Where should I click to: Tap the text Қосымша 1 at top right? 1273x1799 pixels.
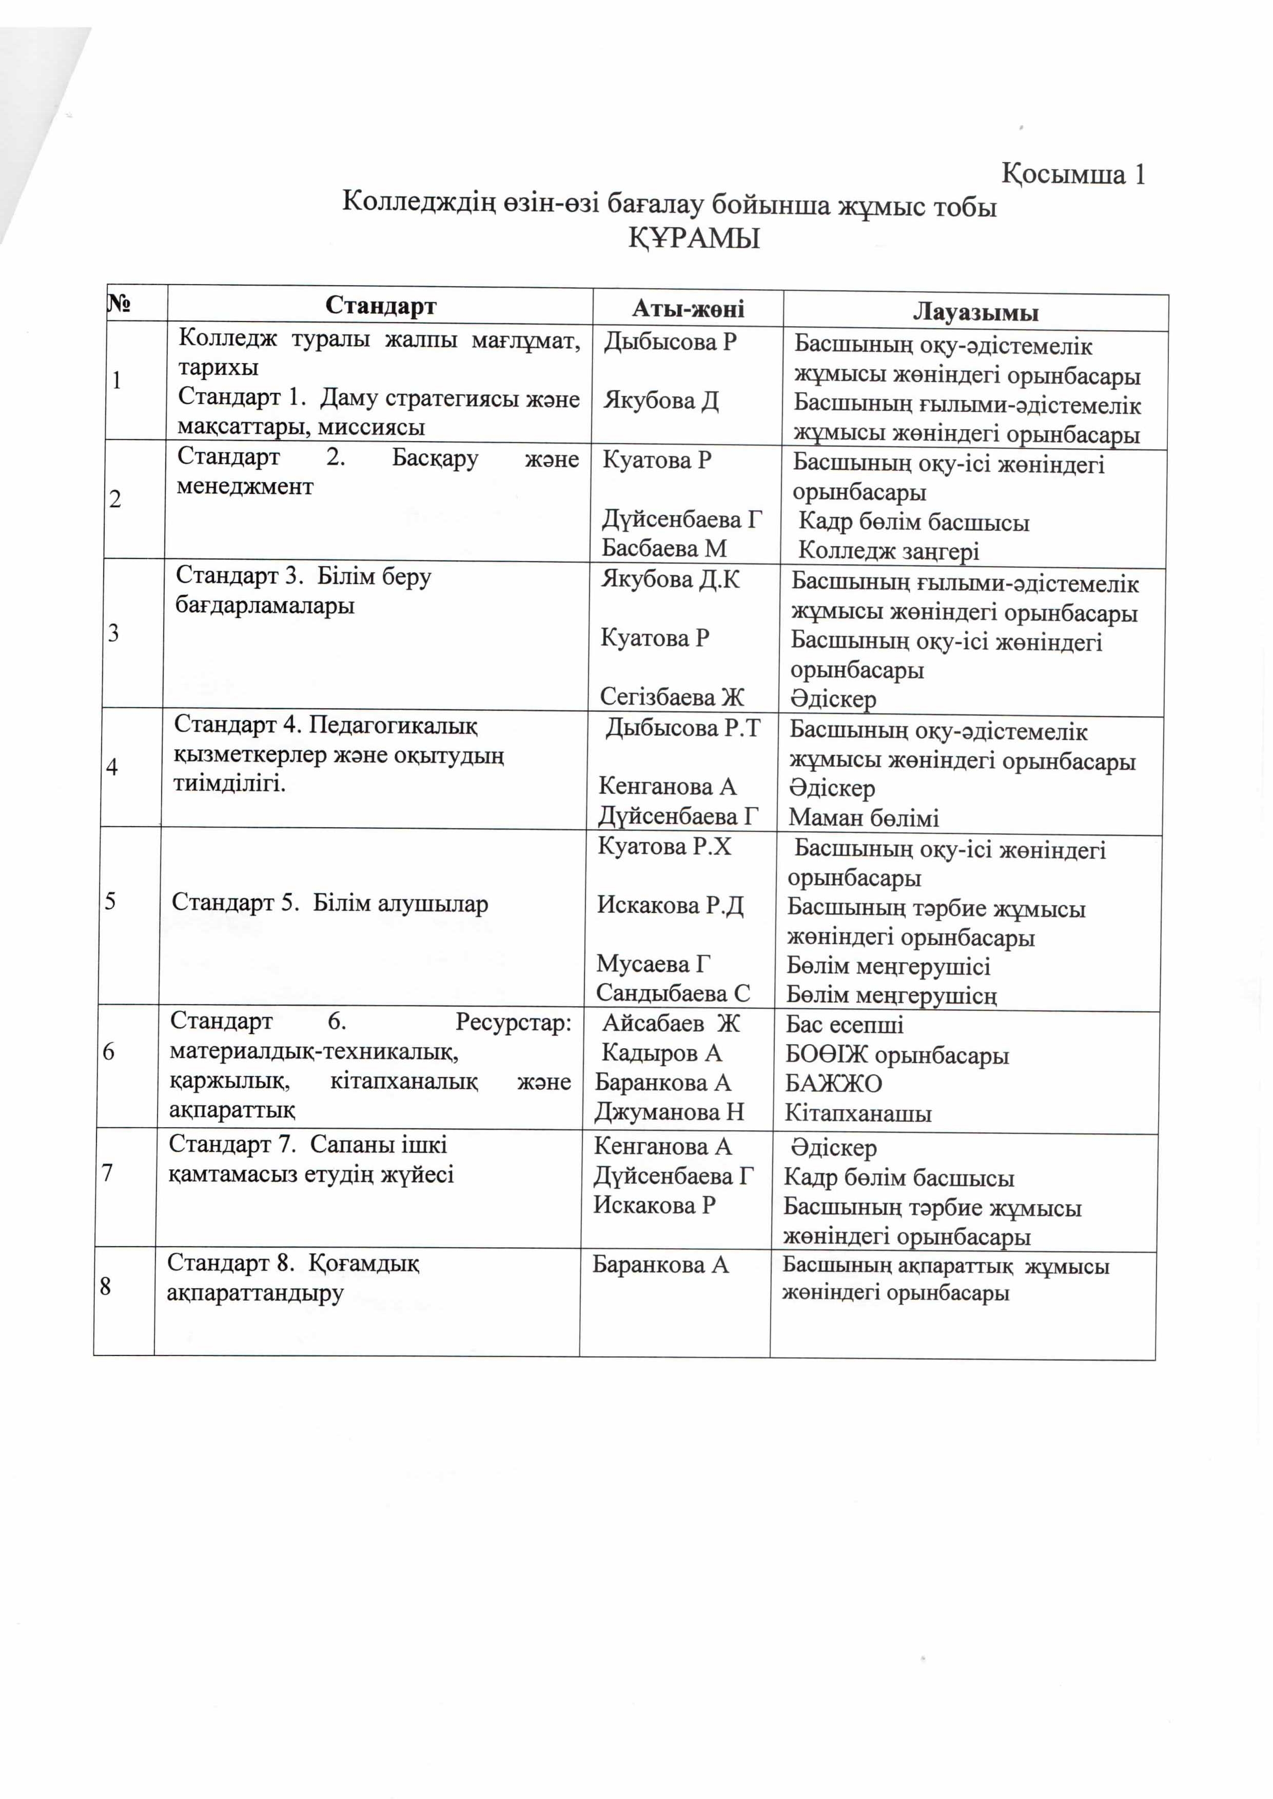1073,174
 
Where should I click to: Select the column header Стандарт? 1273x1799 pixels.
380,306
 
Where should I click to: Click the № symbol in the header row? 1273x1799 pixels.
119,303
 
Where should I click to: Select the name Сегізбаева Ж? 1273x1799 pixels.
672,696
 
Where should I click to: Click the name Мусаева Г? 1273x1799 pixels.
653,963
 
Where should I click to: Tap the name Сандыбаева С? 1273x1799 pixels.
673,993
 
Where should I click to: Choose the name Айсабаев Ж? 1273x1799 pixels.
670,1023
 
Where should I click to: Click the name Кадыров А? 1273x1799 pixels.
661,1053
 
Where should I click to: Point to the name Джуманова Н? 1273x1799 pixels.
669,1112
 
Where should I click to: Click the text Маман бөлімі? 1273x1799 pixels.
863,818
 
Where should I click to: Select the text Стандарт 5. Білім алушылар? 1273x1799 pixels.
329,904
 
